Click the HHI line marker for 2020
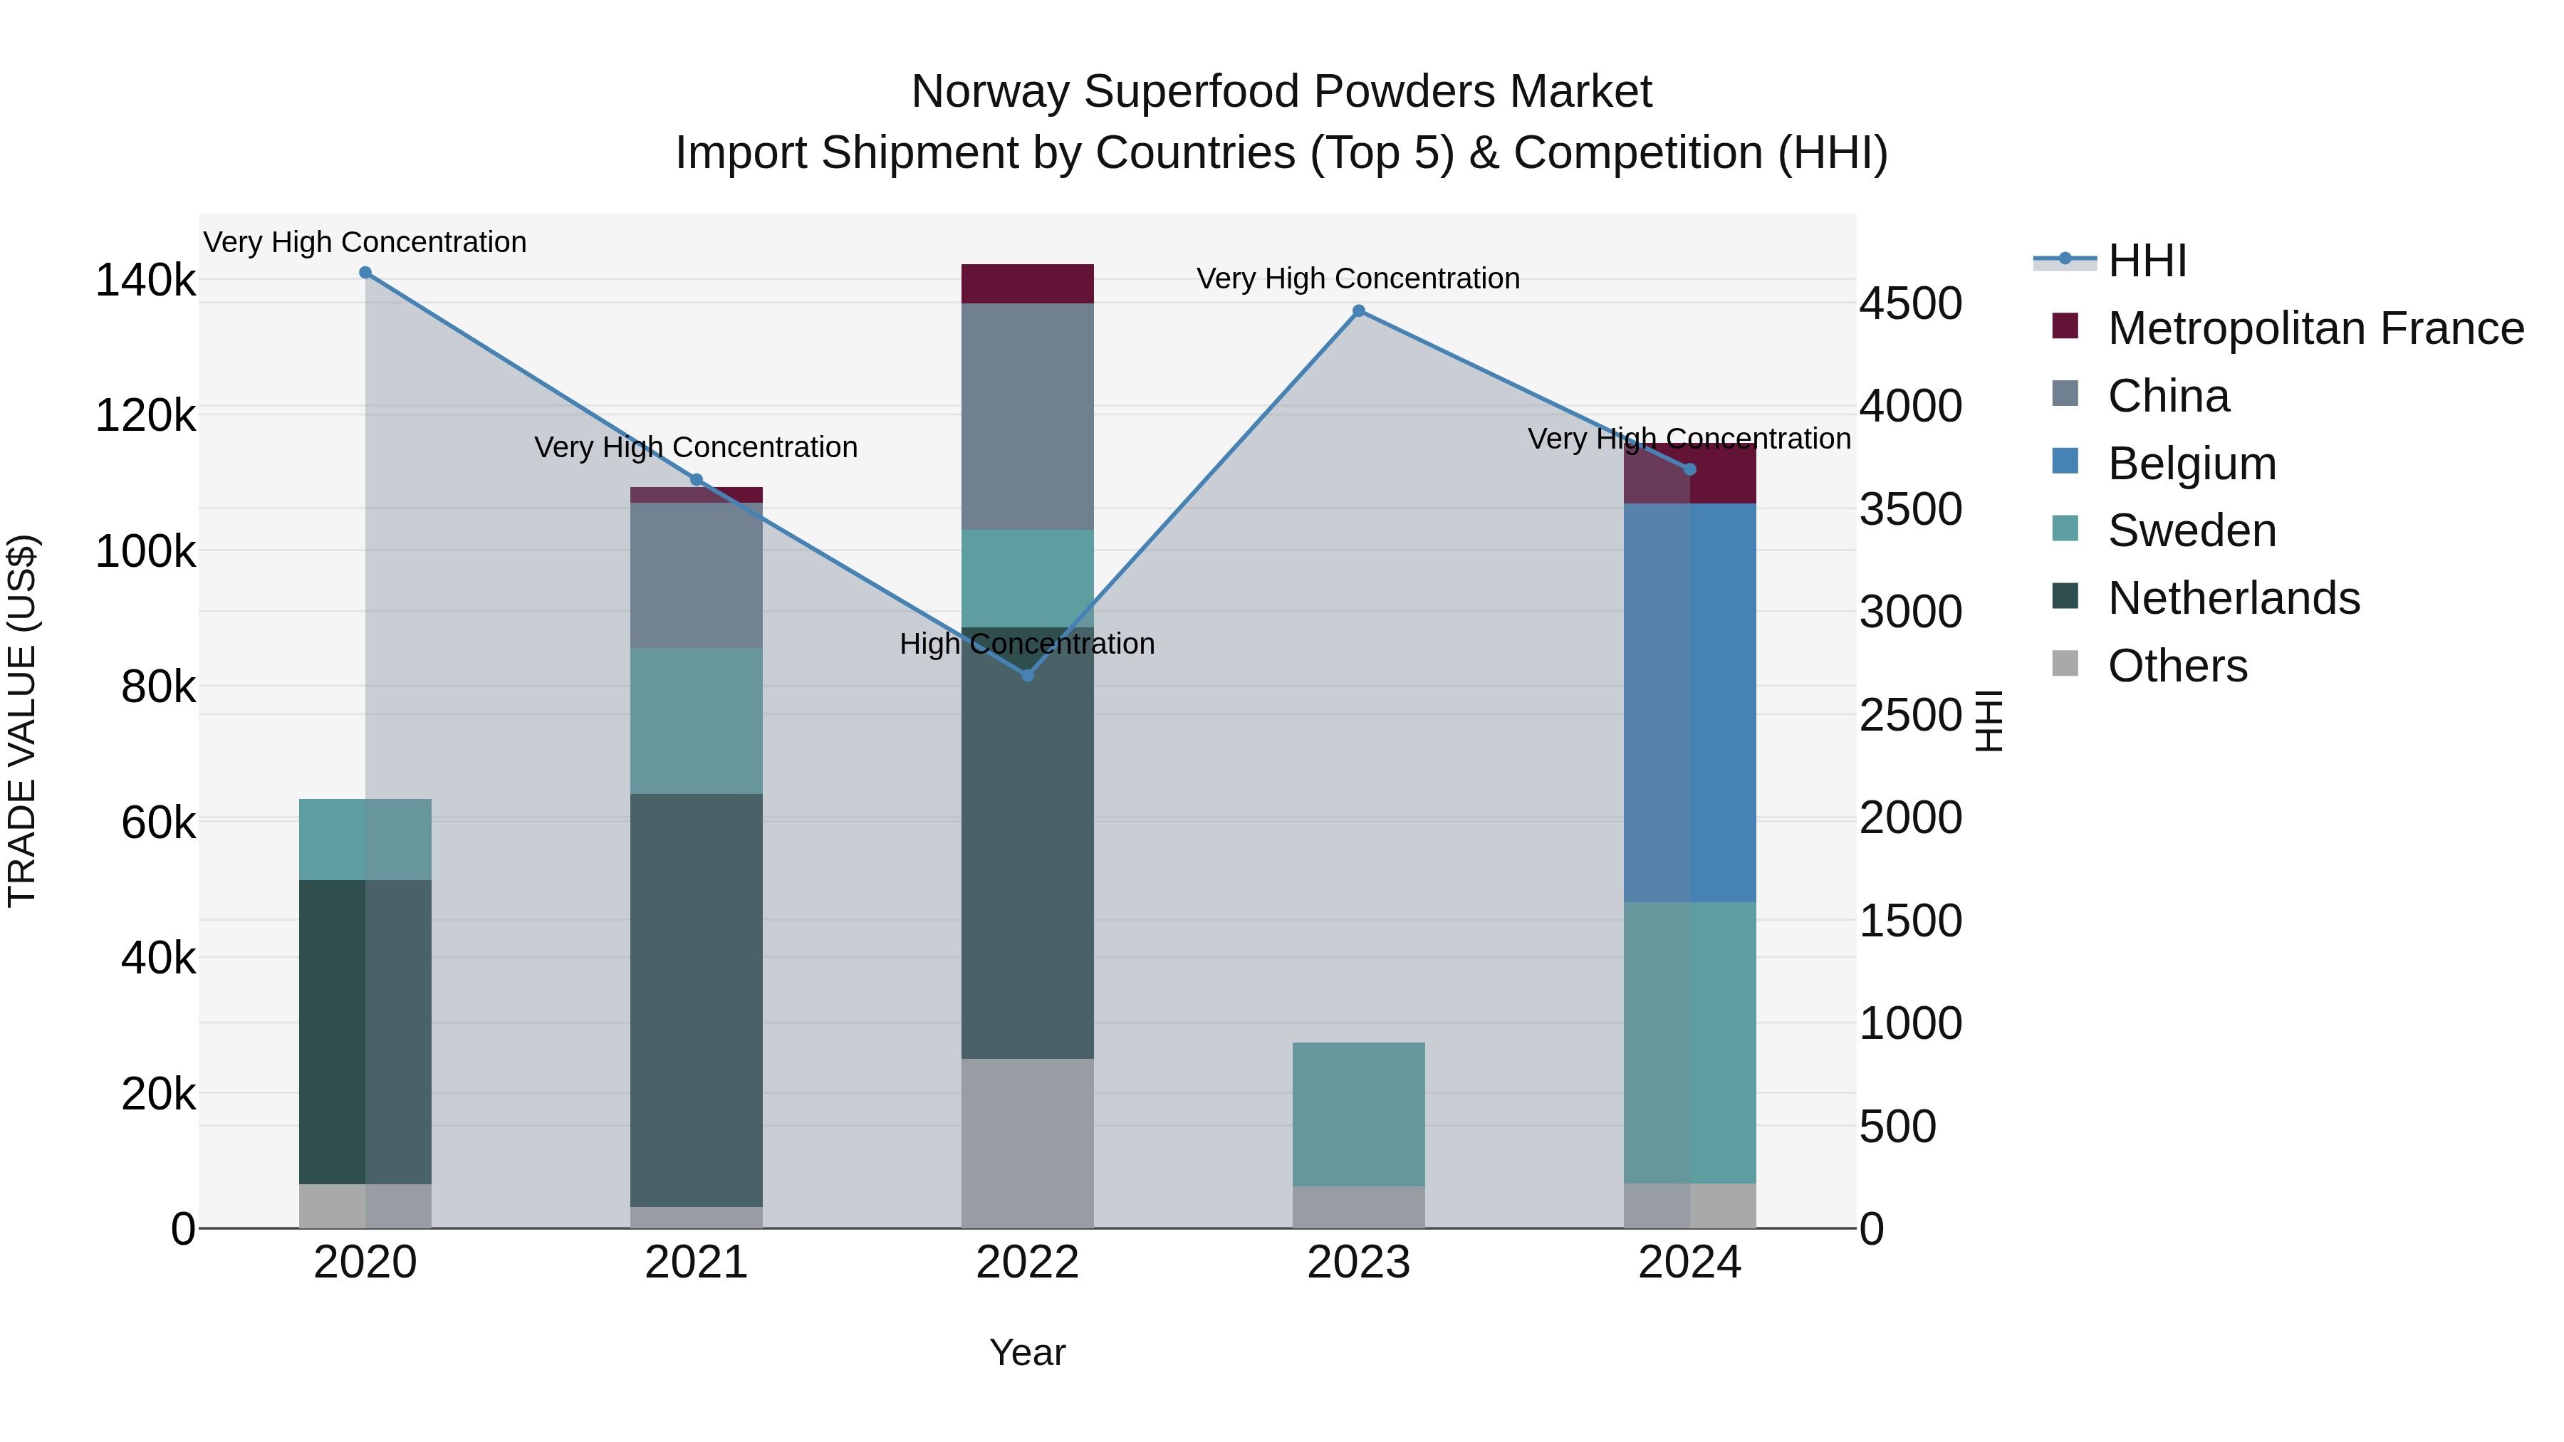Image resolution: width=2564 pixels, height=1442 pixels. [365, 273]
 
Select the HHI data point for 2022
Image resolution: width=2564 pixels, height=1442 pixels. [1027, 676]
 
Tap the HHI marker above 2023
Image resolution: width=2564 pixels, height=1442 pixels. [1359, 311]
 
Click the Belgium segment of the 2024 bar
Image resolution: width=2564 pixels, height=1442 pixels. [1689, 703]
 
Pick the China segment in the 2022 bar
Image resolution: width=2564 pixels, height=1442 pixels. [1027, 416]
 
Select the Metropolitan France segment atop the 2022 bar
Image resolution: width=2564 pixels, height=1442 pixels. [1027, 283]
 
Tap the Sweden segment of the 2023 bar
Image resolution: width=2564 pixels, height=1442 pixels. [1359, 1114]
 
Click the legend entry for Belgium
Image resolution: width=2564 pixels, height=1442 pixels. [2191, 464]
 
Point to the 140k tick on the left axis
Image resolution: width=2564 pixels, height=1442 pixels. [145, 281]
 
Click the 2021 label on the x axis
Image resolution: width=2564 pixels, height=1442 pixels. [696, 1263]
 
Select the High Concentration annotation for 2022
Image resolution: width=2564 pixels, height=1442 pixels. [1027, 644]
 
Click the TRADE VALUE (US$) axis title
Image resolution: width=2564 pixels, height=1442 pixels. [22, 721]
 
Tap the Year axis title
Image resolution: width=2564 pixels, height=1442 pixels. [1027, 1352]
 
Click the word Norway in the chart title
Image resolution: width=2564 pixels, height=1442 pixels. [989, 92]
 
